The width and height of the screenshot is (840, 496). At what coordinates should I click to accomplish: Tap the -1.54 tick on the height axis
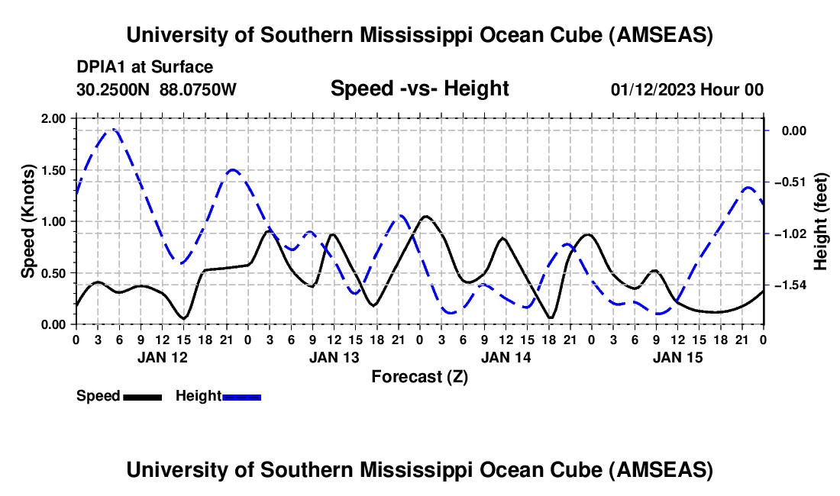787,285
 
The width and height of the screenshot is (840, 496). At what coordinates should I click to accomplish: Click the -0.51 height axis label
787,182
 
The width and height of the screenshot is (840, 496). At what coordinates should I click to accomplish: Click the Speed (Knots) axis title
28,221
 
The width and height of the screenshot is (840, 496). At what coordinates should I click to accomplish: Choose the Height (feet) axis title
821,221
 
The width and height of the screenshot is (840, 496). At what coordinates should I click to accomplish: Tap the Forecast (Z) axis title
419,376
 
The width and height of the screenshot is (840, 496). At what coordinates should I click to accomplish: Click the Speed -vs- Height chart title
419,89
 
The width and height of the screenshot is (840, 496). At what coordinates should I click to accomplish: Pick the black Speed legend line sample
142,396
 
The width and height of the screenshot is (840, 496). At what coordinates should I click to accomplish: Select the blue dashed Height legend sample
241,396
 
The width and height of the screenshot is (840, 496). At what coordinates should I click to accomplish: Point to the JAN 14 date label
505,356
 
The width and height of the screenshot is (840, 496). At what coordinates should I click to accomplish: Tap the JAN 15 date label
677,356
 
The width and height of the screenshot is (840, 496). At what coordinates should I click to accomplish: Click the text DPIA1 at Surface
144,67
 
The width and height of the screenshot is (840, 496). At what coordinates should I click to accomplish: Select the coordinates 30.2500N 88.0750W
157,89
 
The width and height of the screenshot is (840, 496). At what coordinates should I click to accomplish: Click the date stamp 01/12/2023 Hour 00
687,89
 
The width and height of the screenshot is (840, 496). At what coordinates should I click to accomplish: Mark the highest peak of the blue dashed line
113,129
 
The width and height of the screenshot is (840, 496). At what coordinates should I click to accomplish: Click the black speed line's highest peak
425,217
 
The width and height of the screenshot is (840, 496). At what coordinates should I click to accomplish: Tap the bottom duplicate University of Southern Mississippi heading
419,469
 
